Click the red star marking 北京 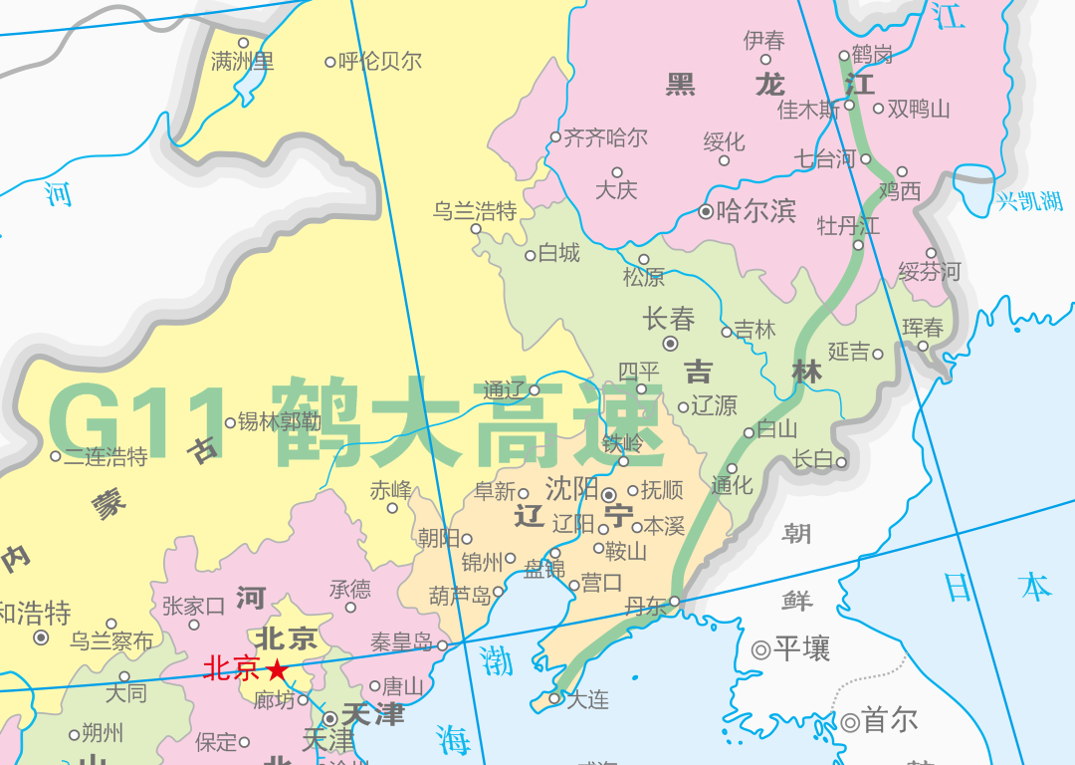(277, 670)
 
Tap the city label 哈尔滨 (755, 211)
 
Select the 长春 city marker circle (670, 344)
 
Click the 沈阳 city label (571, 489)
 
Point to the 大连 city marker (556, 699)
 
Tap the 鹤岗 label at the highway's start (871, 55)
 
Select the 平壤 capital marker (760, 650)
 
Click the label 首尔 (890, 720)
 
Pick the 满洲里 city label (242, 62)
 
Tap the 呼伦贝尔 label (380, 62)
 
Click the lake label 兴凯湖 (1030, 201)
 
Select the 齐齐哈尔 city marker (555, 137)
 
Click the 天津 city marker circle (329, 717)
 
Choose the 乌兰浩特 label (475, 211)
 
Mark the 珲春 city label (923, 327)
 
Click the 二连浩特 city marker (55, 456)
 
